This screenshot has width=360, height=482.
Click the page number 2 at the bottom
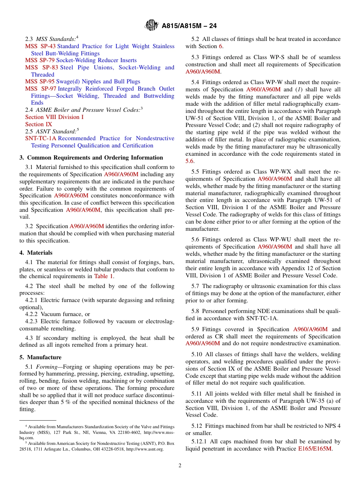tap(180, 465)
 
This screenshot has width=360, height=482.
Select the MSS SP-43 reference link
tap(40, 46)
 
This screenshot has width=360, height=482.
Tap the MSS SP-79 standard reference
tap(40, 60)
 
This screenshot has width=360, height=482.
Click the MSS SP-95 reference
tap(40, 81)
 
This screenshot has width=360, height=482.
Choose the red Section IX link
tap(39, 124)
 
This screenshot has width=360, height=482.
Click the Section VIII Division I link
tap(54, 117)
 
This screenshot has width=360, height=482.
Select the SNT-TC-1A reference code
tap(41, 138)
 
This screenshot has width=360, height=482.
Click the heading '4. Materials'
tap(36, 253)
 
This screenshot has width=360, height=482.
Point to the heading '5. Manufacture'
tap(40, 357)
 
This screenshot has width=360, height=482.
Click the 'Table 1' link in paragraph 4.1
tap(103, 276)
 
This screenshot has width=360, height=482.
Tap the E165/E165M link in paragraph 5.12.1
tap(315, 449)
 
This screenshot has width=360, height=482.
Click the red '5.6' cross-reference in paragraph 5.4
tap(189, 161)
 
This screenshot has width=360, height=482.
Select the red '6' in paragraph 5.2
tap(221, 46)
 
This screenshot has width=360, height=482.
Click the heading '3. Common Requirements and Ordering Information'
tap(91, 158)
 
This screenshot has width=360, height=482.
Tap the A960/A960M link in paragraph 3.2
tap(86, 226)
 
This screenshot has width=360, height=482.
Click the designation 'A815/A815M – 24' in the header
tap(189, 26)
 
